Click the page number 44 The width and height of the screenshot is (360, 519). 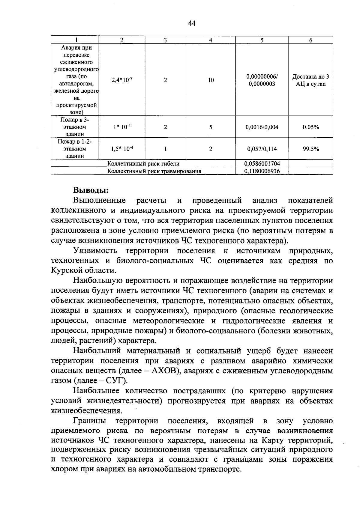192,23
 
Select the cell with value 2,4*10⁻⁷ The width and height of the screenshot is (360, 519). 121,80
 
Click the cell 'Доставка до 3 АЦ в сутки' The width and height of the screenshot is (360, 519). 310,80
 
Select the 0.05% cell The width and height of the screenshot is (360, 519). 310,127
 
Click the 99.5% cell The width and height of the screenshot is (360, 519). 310,149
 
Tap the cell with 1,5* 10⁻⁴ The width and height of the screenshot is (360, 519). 121,149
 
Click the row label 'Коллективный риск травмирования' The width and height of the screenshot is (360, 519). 154,171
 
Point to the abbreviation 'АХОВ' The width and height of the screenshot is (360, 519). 163,371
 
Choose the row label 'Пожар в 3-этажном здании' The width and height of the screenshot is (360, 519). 75,127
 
